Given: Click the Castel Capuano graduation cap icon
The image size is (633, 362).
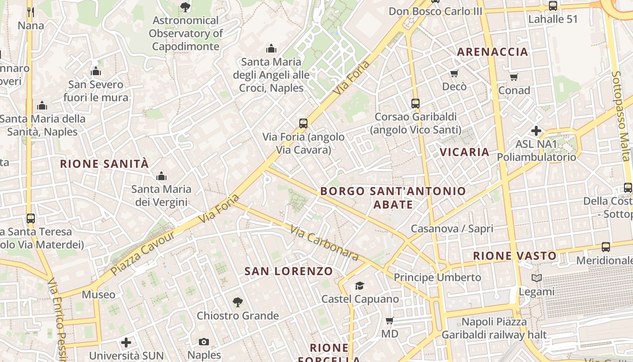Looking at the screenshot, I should point(359,286).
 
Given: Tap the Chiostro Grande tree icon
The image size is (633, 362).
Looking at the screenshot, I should point(237,302).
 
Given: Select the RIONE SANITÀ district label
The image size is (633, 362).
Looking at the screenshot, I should point(104,164).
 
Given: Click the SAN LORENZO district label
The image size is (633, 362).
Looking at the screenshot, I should point(288,271).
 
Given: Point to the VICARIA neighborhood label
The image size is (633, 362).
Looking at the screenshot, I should point(465,152).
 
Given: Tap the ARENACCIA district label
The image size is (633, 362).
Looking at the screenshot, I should point(492,52).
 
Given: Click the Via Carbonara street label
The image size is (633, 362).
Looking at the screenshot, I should point(325,243).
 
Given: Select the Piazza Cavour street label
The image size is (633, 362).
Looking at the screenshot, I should point(143,252).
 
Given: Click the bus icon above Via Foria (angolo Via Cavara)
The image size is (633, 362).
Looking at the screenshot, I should point(303,123).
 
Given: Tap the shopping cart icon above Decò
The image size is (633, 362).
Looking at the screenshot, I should point(454,73).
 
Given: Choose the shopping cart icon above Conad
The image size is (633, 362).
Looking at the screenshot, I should point(514,77).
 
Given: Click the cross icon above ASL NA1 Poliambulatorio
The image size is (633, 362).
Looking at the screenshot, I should point(536,131).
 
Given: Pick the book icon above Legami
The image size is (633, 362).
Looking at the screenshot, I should point(537,278).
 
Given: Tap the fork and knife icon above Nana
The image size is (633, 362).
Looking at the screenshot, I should point(31,12).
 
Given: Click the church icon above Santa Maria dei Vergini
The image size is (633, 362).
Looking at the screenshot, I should point(161,176).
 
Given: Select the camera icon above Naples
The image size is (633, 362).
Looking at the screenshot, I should point(204,342).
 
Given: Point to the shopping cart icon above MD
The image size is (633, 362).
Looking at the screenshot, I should point(389,321).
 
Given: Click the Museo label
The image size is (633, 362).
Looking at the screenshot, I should point(99,295).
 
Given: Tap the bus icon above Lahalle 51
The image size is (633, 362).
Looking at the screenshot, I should point(553,6).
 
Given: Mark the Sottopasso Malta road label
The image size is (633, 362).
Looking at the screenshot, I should point(620,116).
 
